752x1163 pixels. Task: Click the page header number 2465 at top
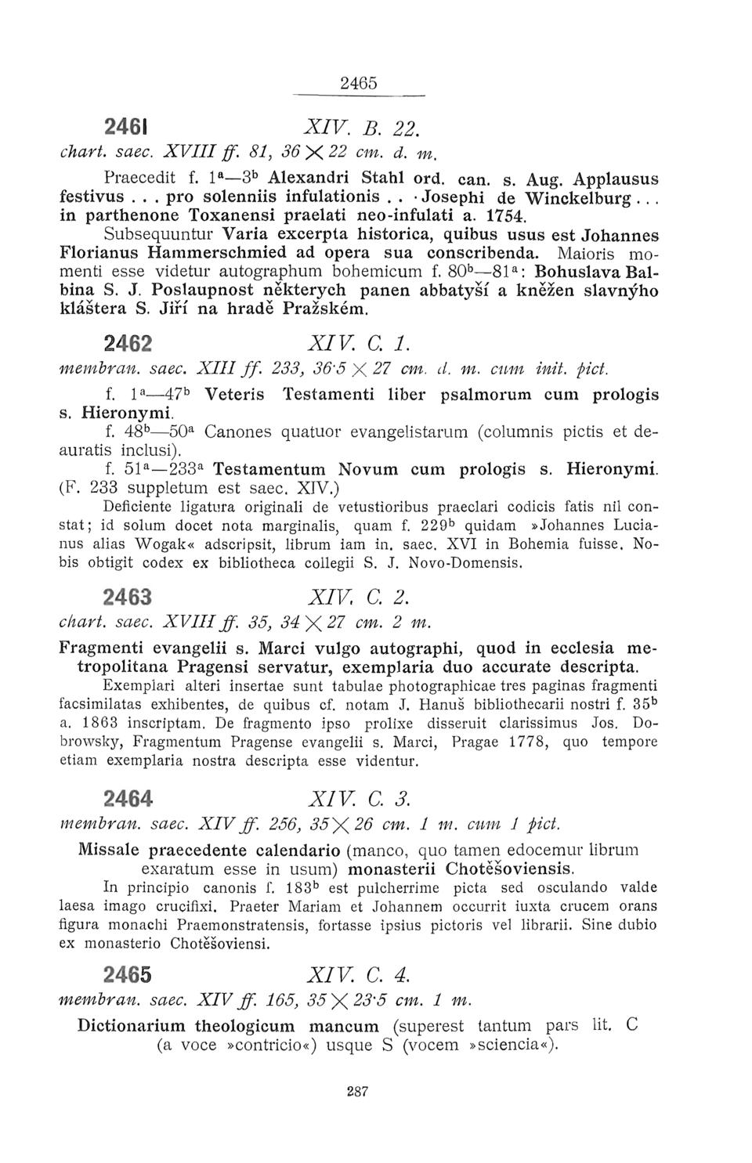[x=360, y=81]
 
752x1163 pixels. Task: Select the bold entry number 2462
[x=128, y=345]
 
